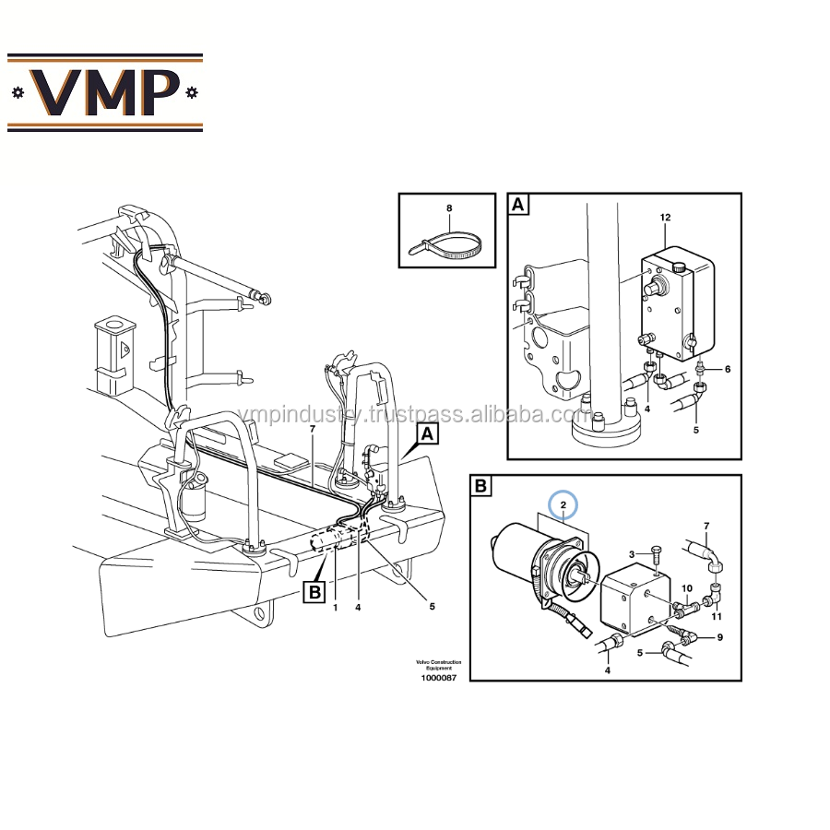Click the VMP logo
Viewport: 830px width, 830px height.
[x=104, y=92]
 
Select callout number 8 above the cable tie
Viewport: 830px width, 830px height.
[x=449, y=208]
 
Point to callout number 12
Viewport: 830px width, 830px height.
[x=665, y=218]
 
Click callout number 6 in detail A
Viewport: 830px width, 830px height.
[x=727, y=369]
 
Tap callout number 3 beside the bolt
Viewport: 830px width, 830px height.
[x=632, y=553]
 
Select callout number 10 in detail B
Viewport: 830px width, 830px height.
[x=686, y=587]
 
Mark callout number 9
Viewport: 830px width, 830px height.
[x=719, y=636]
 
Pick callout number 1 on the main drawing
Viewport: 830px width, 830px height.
[x=336, y=607]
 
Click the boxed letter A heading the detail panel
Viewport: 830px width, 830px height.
[x=519, y=205]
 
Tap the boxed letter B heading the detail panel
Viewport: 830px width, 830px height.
[x=481, y=486]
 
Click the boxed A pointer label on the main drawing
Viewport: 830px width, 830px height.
[x=427, y=433]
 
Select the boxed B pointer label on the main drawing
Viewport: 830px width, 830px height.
[x=315, y=591]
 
